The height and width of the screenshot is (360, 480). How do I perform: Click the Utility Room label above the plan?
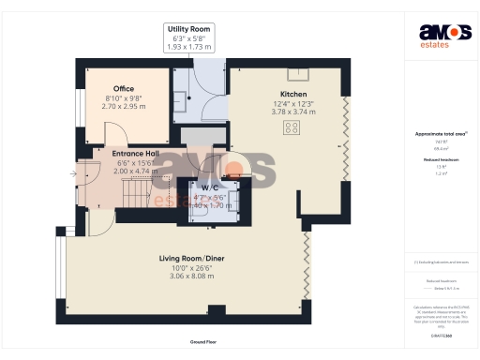[188, 30]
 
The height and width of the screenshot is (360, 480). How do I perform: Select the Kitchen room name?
[292, 95]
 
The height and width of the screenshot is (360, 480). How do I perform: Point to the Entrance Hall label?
[135, 154]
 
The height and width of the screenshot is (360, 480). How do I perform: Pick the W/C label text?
[210, 187]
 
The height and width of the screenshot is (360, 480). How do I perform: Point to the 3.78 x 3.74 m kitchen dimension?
[292, 112]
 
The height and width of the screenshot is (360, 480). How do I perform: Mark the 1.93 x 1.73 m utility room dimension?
[188, 47]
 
